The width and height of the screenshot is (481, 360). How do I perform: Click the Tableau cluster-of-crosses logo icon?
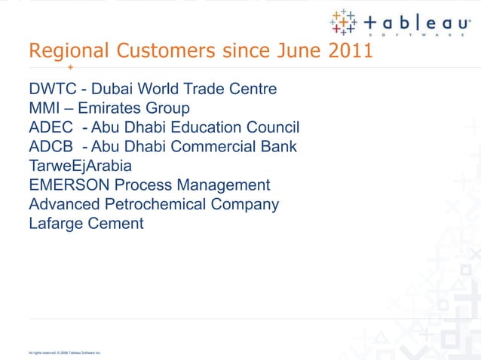344,23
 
